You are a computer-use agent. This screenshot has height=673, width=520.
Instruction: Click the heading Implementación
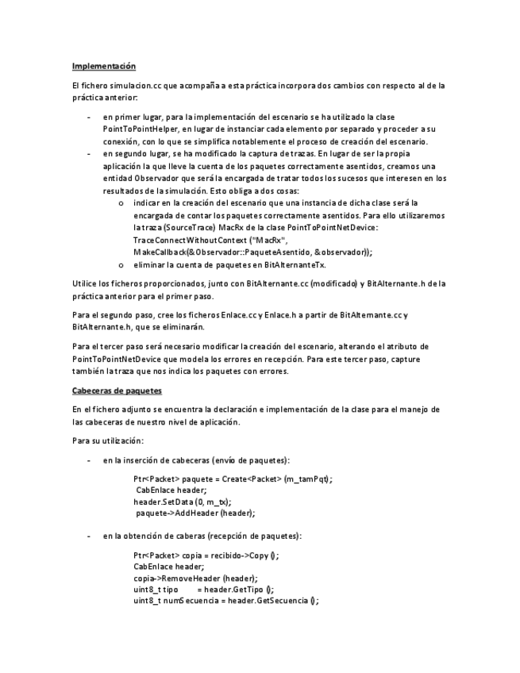(104, 65)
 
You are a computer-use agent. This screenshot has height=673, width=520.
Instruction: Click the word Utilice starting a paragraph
(83, 283)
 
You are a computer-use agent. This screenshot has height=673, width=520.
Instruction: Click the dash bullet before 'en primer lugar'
(88, 117)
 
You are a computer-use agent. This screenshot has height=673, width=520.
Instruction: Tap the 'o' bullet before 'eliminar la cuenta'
(120, 264)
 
